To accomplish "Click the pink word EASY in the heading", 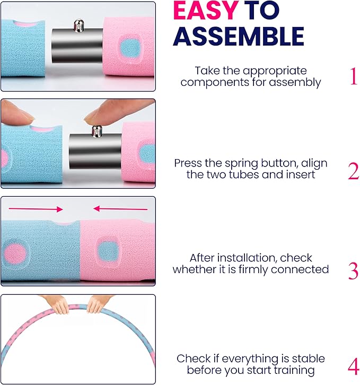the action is point(206,11).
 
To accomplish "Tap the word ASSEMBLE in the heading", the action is point(239,37).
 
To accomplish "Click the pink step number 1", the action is point(353,76).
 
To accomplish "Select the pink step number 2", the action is point(353,171).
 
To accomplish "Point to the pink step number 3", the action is point(353,271).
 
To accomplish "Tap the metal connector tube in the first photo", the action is point(77,46).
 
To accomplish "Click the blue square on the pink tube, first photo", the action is point(129,48).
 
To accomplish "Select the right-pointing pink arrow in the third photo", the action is point(36,209).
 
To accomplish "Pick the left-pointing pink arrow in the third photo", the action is point(120,209).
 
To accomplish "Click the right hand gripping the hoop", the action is point(98,304).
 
